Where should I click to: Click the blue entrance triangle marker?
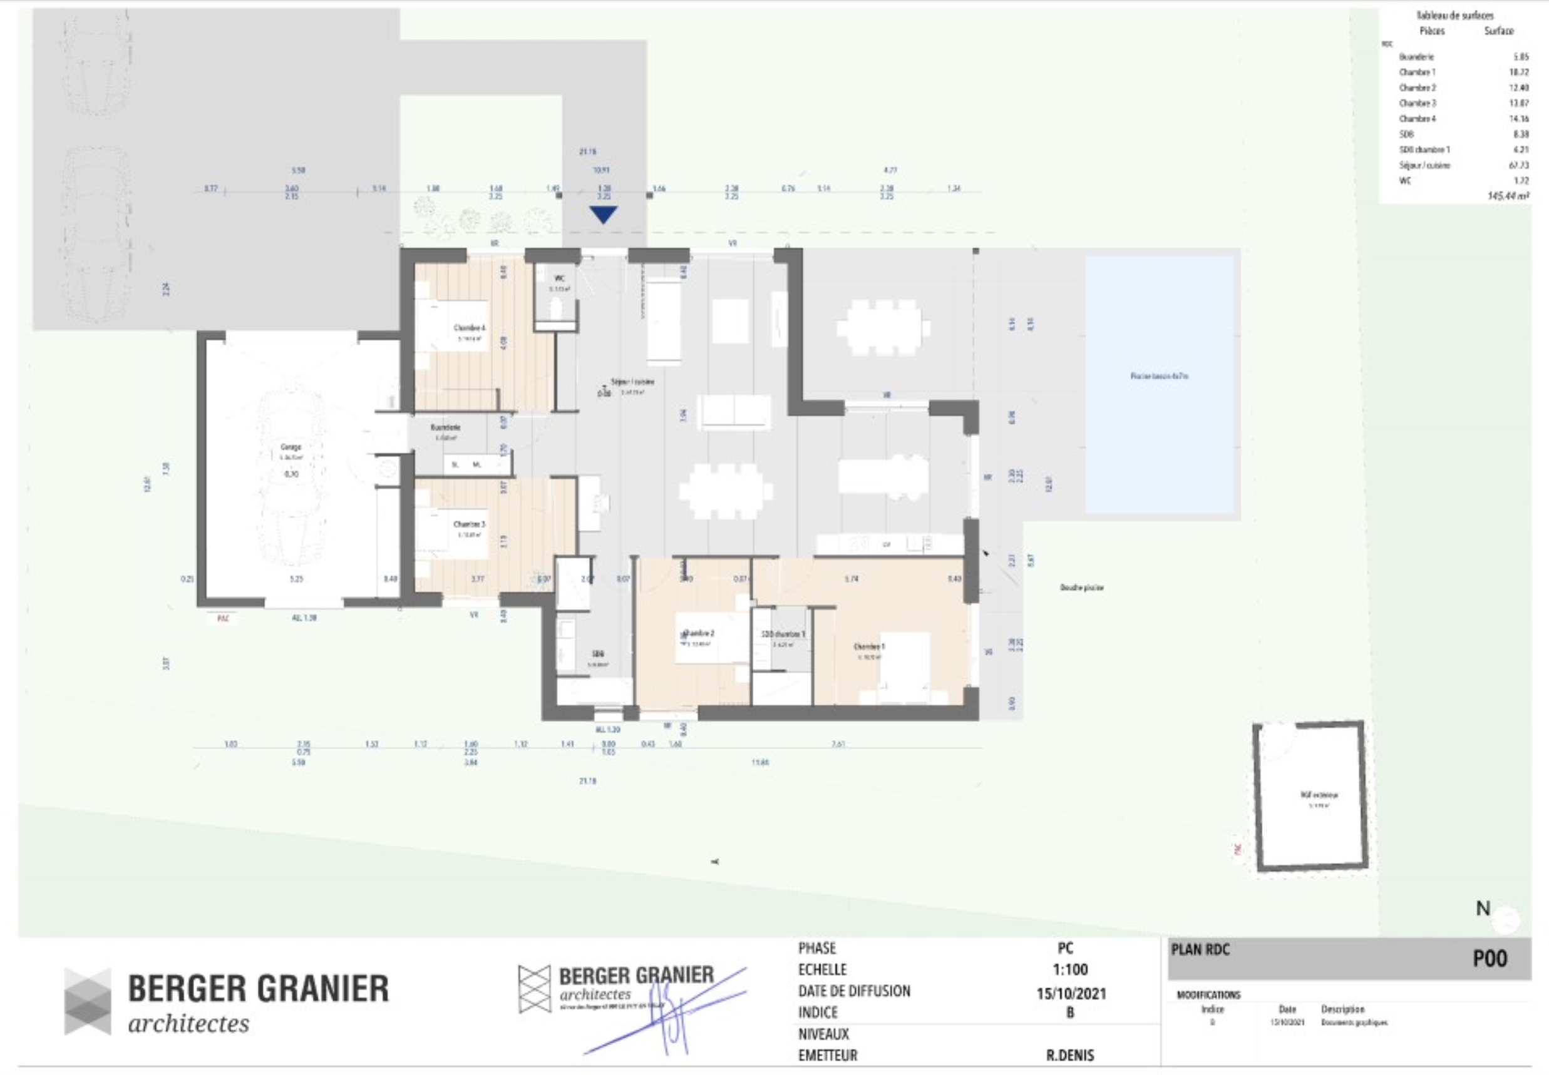click(x=603, y=214)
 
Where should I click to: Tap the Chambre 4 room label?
click(x=469, y=328)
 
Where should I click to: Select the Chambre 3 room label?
click(x=469, y=524)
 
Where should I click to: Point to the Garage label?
click(x=291, y=447)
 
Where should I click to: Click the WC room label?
click(x=559, y=278)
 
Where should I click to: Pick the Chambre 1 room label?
click(x=869, y=646)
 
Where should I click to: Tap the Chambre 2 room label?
click(x=699, y=633)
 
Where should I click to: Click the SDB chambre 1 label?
click(x=783, y=634)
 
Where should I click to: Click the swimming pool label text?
click(x=1159, y=376)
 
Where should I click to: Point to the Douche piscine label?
click(x=1081, y=588)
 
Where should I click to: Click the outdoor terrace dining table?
click(x=883, y=328)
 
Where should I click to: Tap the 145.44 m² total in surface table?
click(x=1508, y=196)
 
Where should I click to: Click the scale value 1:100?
click(x=1070, y=970)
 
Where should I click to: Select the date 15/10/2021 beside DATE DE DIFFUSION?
click(x=1071, y=994)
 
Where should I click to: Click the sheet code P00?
click(x=1490, y=959)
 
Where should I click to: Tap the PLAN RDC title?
click(x=1200, y=950)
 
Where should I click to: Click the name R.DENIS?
click(x=1070, y=1056)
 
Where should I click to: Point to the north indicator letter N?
click(x=1483, y=909)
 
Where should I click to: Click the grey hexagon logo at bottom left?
click(x=88, y=1001)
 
